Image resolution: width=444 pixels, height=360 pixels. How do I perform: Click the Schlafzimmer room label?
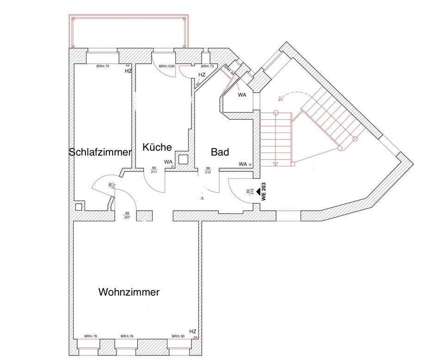100,153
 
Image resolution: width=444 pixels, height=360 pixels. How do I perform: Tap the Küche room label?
157,147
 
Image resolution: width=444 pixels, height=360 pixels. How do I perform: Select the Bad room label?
220,152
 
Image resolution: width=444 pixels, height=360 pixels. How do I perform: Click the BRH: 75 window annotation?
103,67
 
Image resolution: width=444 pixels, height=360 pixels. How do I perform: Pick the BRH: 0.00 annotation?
166,67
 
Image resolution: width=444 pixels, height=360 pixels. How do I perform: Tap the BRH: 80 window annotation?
178,336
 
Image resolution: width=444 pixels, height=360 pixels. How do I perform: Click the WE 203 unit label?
264,191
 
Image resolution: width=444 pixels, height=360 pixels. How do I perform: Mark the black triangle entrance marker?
258,183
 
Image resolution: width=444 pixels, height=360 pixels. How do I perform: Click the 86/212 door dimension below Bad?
208,171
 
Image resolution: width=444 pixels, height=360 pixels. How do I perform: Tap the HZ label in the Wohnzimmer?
193,331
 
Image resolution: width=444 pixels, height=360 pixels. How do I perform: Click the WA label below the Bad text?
242,164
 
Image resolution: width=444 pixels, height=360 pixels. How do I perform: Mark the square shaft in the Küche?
184,159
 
